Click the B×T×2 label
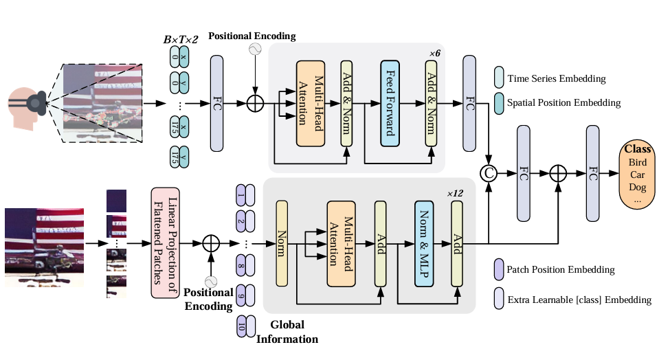181,40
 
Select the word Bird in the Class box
638,162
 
